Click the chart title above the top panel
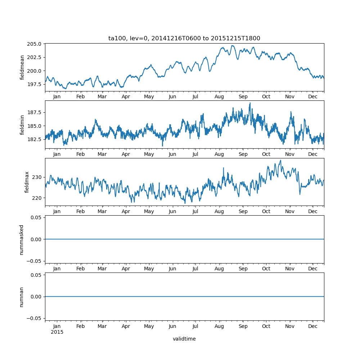point(184,38)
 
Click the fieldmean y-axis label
point(22,67)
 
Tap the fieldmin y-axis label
point(22,125)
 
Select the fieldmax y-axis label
point(27,182)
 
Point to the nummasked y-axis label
point(22,239)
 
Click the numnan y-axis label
point(22,297)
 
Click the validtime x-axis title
point(184,339)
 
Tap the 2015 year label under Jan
point(57,332)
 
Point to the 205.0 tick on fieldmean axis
point(35,44)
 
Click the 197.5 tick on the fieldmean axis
point(35,84)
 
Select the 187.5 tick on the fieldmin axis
point(35,112)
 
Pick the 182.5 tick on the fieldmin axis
point(35,139)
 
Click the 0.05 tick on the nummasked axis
point(37,217)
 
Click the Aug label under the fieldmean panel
point(219,97)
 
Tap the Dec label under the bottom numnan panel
point(313,327)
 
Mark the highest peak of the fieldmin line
point(250,103)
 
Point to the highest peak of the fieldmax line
point(280,160)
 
